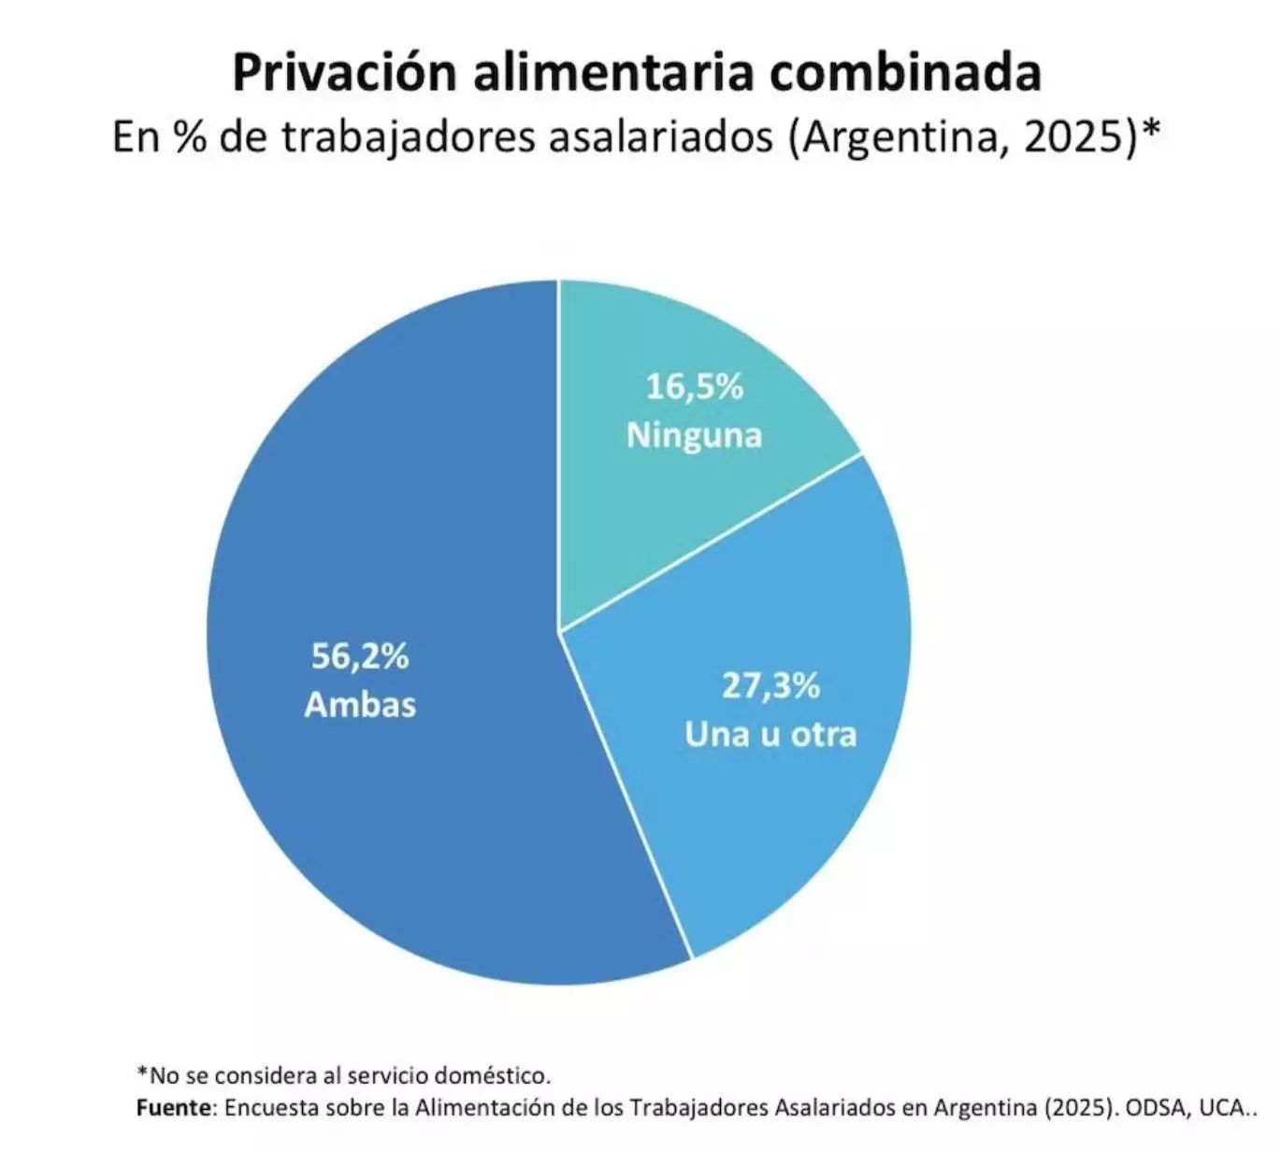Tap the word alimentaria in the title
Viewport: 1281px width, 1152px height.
(612, 72)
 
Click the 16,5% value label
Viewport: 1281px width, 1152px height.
(694, 386)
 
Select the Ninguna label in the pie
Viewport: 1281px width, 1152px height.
(694, 435)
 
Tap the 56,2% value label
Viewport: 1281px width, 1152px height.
(360, 656)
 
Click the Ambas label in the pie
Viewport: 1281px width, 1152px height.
(360, 704)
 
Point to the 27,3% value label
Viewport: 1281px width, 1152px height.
(770, 685)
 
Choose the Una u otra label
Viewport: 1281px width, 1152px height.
(770, 734)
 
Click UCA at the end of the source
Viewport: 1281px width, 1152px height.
(1221, 1108)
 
